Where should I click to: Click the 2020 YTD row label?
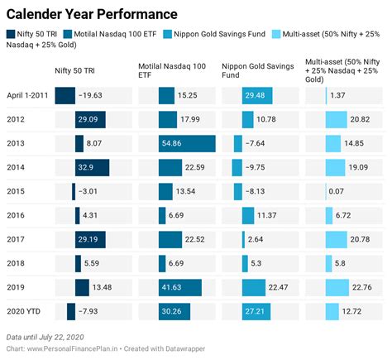26,311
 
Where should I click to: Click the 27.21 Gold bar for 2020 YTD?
258,311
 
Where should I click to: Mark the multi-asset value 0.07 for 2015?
337,192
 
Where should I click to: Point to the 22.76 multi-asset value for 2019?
362,287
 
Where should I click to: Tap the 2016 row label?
17,215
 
